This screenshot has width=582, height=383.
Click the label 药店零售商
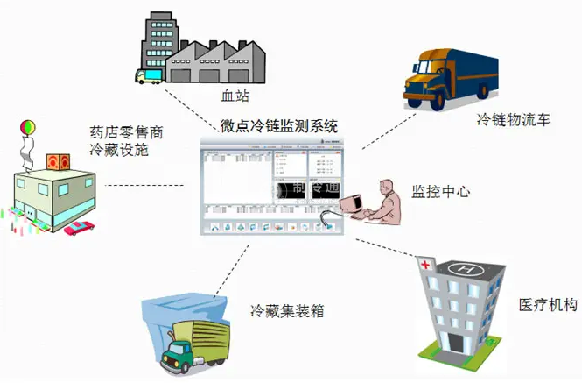pyautogui.click(x=126, y=133)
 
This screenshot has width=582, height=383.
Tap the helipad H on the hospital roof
pyautogui.click(x=464, y=265)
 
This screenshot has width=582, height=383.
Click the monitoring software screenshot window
pyautogui.click(x=266, y=186)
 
